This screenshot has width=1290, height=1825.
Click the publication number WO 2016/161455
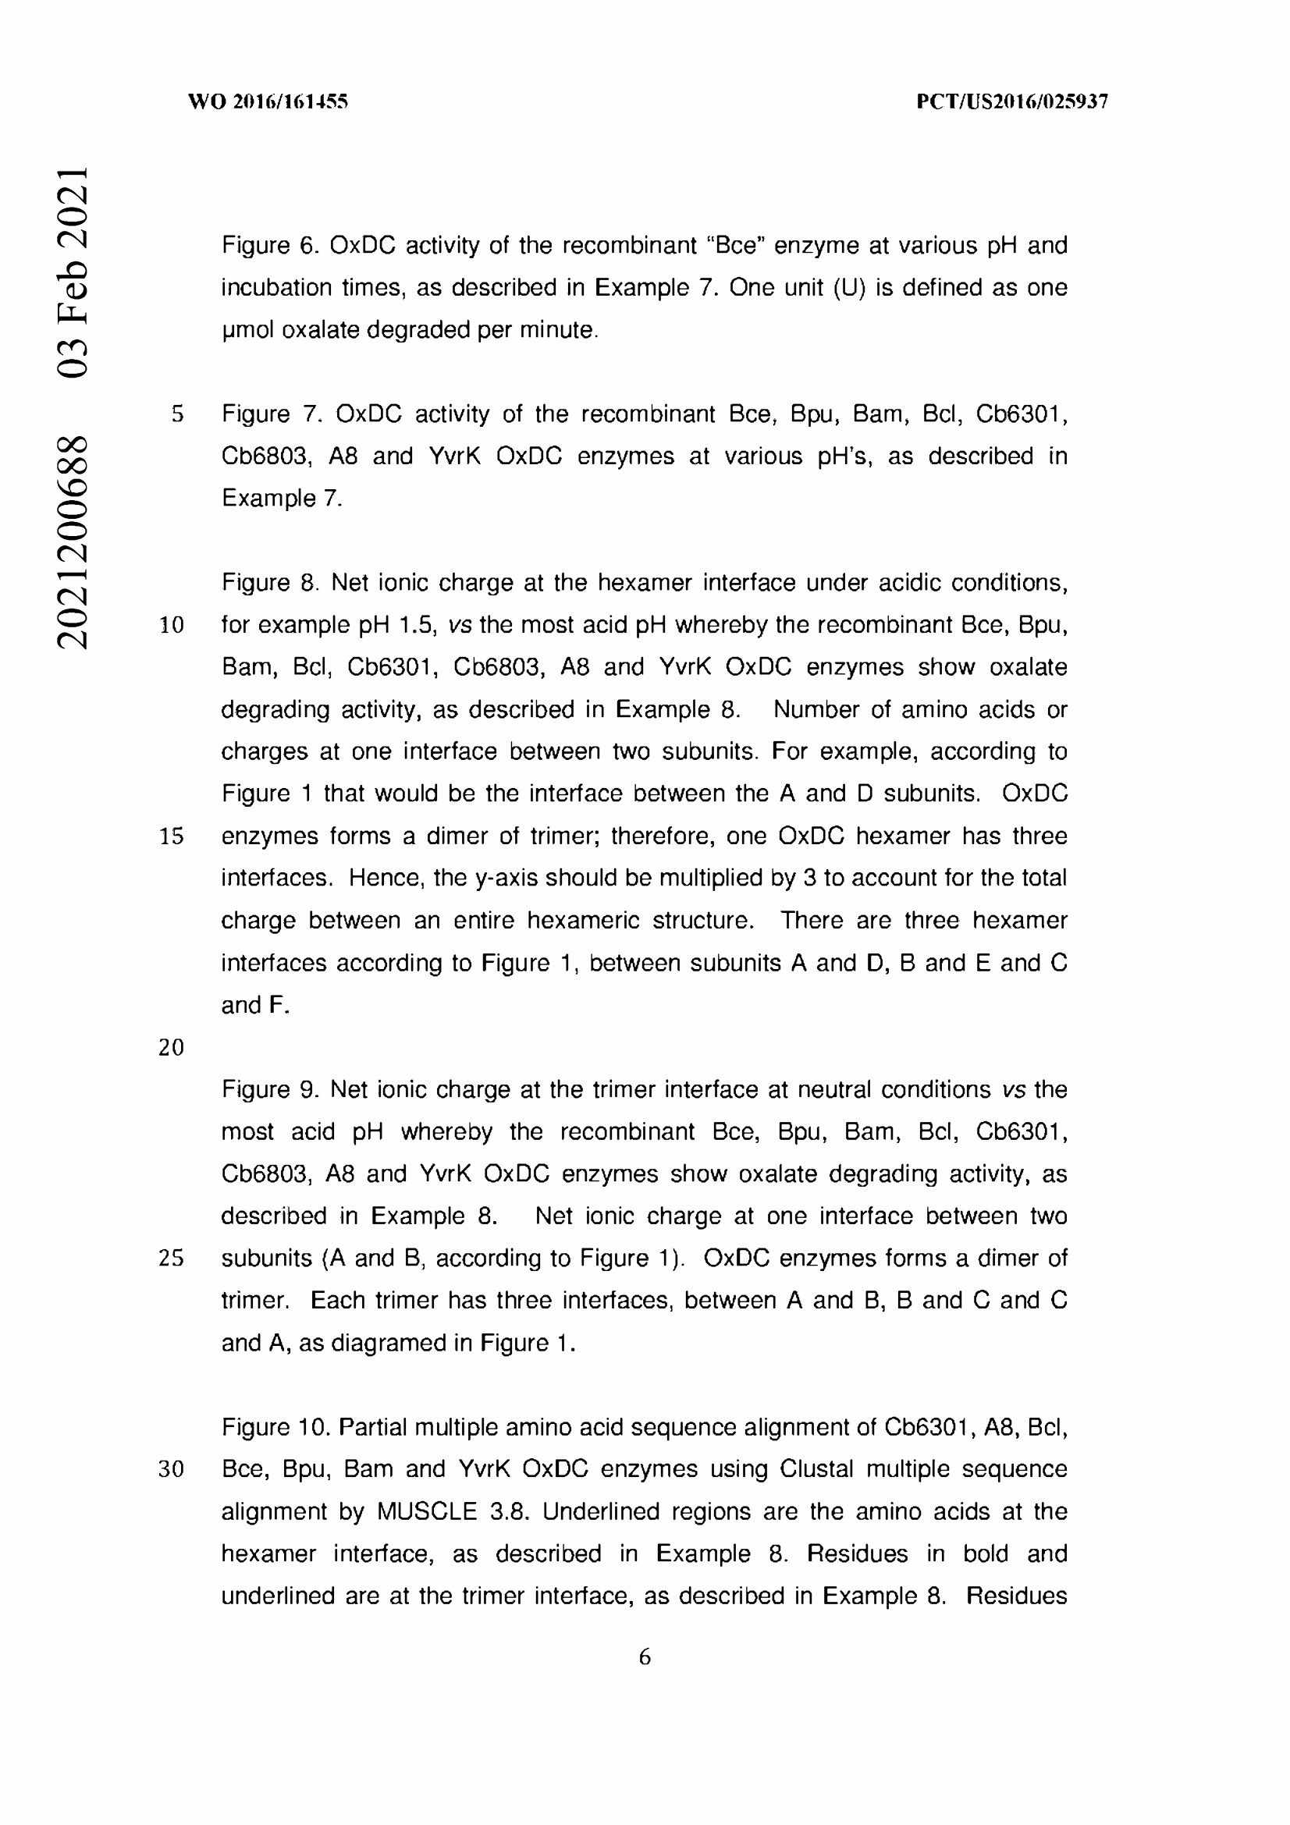268,101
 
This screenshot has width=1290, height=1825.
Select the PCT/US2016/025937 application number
1012,101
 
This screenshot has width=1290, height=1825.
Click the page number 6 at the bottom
645,1657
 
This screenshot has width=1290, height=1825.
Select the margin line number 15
171,836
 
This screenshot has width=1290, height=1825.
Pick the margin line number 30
171,1469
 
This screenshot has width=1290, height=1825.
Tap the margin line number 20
171,1048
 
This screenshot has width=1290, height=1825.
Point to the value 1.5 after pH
417,626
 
